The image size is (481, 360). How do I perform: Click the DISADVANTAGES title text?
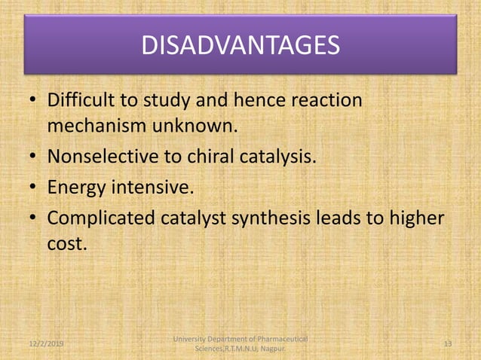tap(240, 46)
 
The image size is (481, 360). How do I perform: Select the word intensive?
tap(149, 187)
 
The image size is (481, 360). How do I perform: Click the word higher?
tap(415, 218)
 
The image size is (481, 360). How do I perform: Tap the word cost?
tap(66, 245)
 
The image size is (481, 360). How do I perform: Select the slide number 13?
tap(447, 343)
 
